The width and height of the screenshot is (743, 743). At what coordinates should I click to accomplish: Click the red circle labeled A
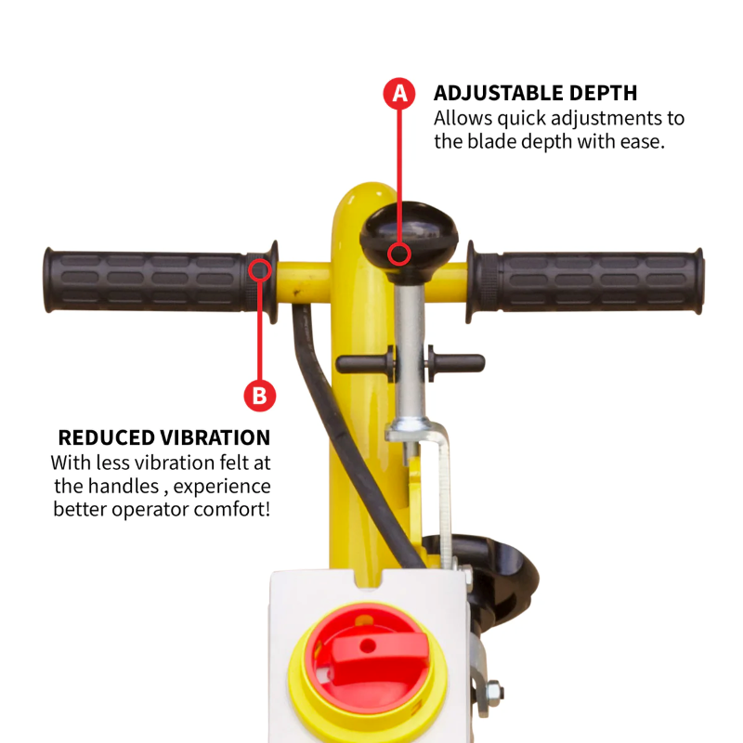400,93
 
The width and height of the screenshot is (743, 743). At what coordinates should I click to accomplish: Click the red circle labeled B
259,396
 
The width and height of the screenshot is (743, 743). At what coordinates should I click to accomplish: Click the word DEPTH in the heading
606,94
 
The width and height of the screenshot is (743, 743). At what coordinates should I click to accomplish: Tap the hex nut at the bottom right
493,692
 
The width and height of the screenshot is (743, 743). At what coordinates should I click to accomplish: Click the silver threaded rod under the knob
410,344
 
